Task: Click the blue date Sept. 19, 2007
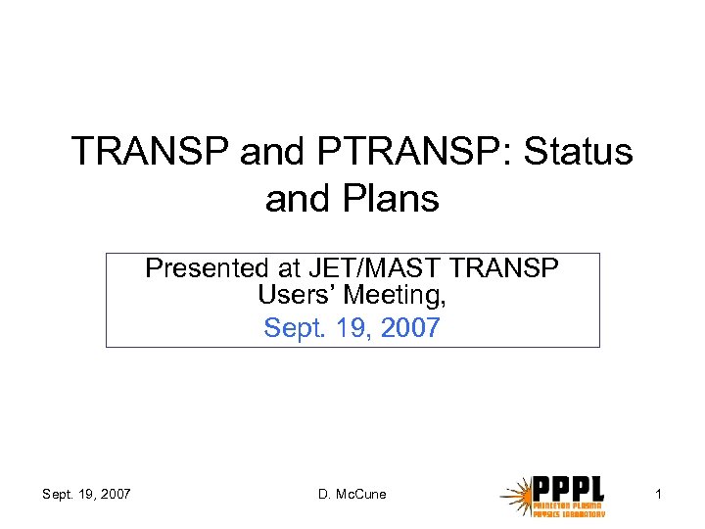coord(352,327)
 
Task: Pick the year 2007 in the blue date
coord(412,327)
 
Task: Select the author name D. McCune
coord(352,494)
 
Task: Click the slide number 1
coord(659,494)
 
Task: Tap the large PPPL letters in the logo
coord(568,487)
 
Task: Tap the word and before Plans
coord(298,198)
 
